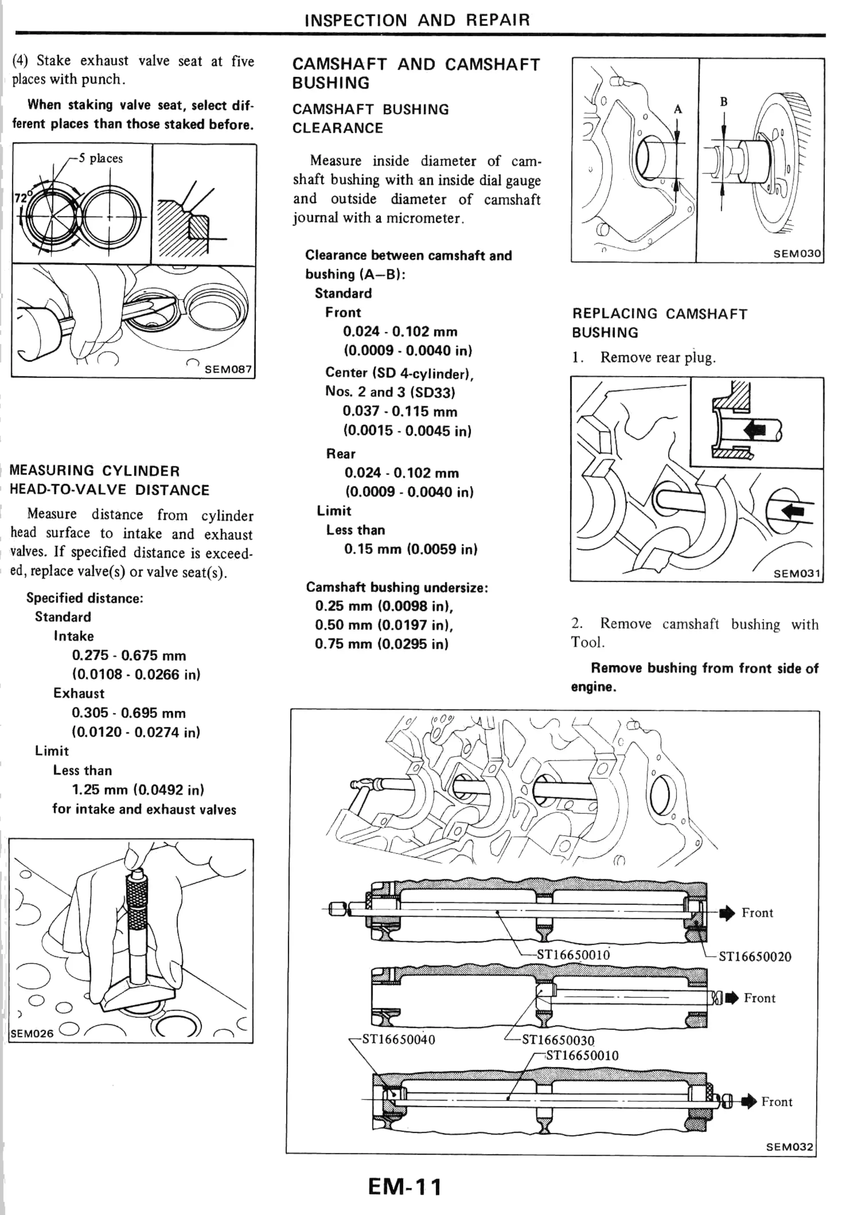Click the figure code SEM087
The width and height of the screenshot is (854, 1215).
228,369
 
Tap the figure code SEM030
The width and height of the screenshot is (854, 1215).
797,253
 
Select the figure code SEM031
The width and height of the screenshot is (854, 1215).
797,574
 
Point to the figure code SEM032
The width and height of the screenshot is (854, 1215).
789,1146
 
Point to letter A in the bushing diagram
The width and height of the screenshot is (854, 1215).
678,110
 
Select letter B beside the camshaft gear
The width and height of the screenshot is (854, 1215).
724,102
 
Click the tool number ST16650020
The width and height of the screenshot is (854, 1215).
754,956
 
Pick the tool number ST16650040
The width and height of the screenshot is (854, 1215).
398,1039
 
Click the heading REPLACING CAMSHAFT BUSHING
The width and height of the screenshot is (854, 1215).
659,323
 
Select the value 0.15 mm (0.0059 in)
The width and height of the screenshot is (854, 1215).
410,549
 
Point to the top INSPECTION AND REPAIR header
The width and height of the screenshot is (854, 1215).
417,20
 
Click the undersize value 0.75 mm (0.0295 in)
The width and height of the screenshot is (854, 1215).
381,644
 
